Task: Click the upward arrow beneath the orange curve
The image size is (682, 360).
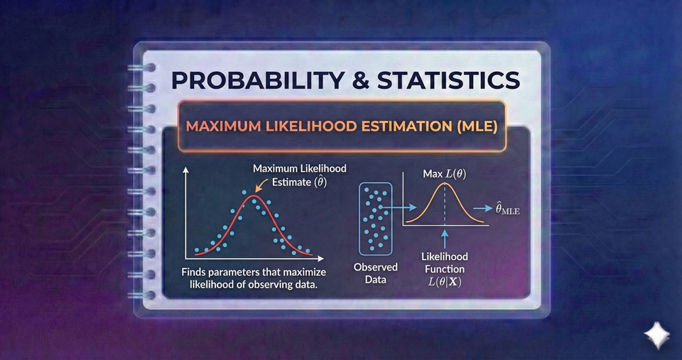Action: pyautogui.click(x=444, y=238)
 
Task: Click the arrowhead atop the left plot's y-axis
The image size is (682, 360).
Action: pyautogui.click(x=185, y=171)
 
